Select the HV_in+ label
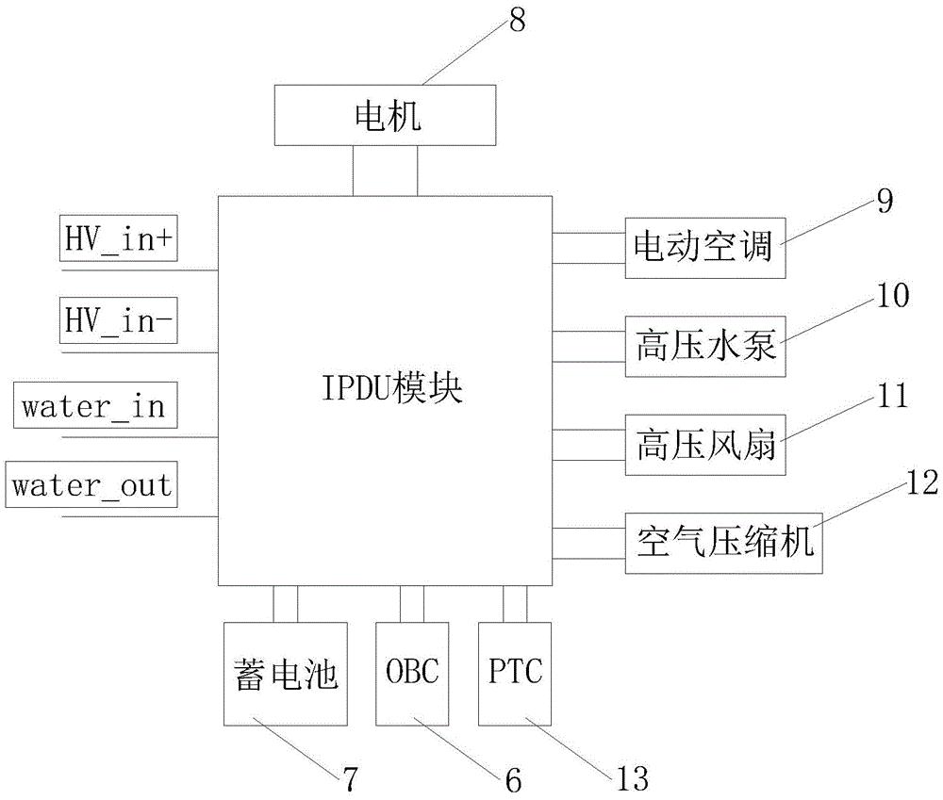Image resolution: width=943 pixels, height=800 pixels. click(120, 240)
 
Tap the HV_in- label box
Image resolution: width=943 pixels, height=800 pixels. click(120, 322)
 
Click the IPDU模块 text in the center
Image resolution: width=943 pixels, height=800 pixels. click(384, 390)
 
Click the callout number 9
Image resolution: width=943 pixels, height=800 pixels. click(883, 202)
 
